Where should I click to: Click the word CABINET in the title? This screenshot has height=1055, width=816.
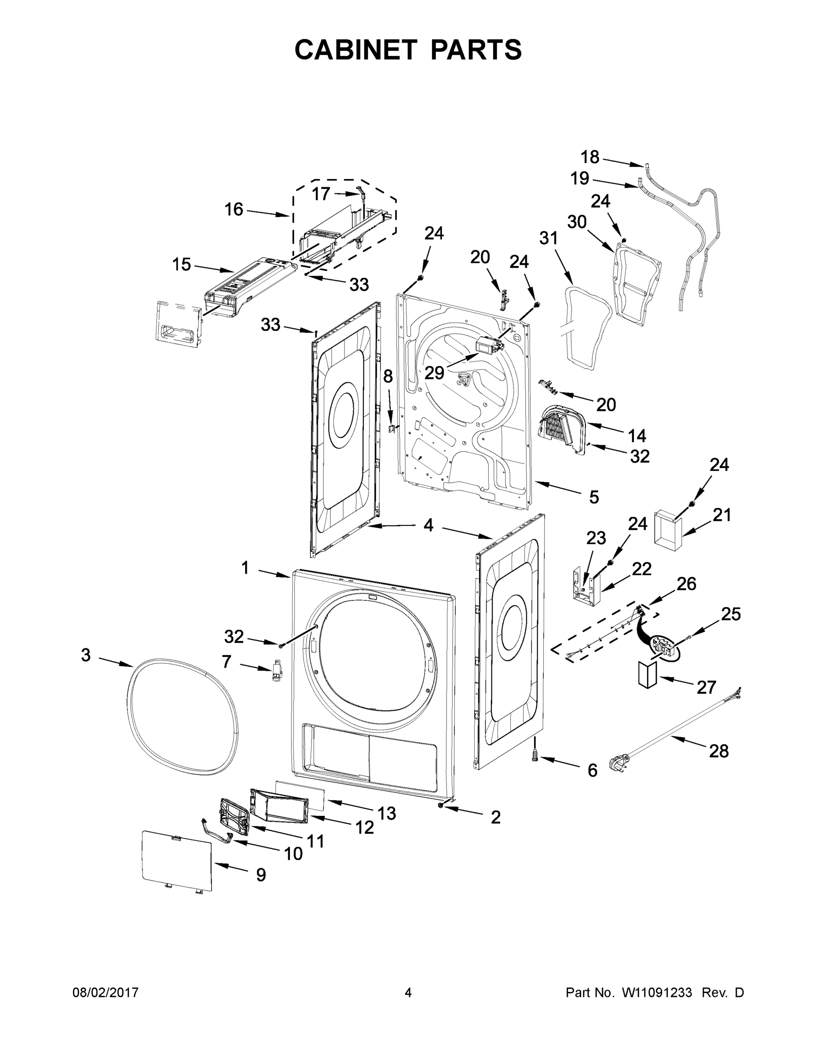pos(355,50)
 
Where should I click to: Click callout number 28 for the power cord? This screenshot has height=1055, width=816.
pos(718,751)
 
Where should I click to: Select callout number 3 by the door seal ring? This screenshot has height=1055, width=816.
pos(86,655)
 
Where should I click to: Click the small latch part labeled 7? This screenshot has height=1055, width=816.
pos(278,671)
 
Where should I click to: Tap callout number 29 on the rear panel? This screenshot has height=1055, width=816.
pos(434,372)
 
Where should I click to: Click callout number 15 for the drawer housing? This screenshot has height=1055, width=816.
pos(182,264)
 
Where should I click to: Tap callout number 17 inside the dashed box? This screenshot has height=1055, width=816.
pos(321,194)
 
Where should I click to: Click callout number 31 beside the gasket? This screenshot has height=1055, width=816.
pos(549,238)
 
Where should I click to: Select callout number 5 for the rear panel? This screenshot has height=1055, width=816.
pos(593,497)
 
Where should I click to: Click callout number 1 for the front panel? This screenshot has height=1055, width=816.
pos(245,568)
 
